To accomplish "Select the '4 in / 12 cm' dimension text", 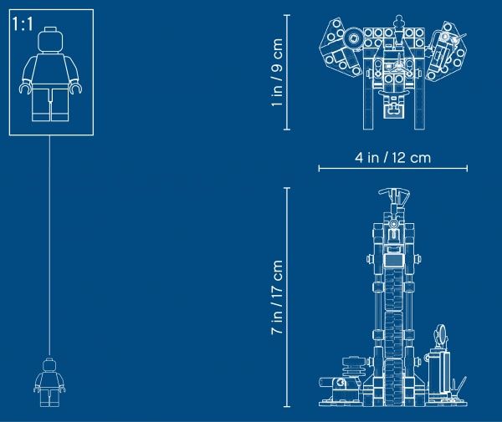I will (387, 156).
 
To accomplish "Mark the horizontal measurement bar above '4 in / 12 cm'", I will (387, 170).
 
